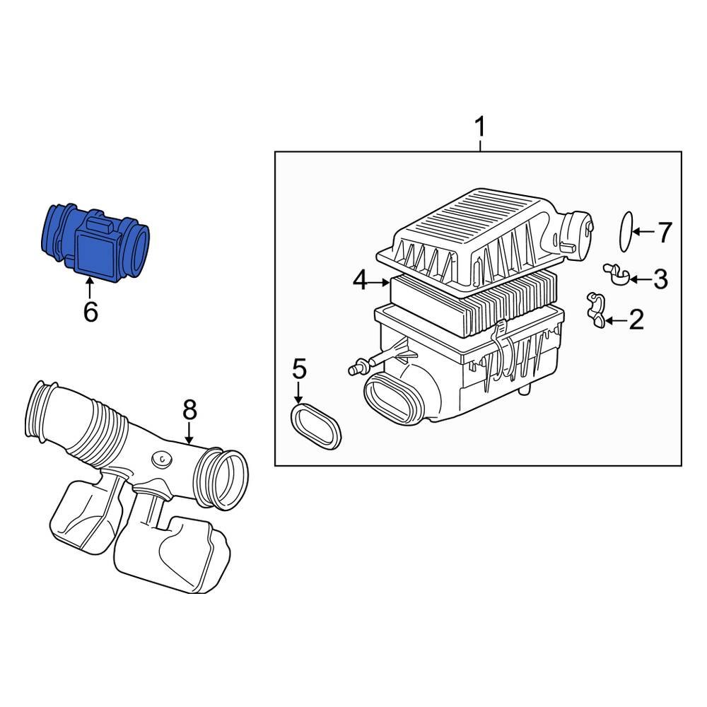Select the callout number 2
coord(636,320)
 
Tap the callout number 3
coord(660,279)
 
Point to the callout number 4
coord(361,281)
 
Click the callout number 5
coord(299,368)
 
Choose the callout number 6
coord(90,311)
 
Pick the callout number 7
coord(664,232)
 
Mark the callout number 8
coord(189,409)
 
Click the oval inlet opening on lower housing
coord(391,399)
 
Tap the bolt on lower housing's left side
coord(358,367)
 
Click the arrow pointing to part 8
coord(189,433)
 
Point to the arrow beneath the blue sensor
coord(90,288)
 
